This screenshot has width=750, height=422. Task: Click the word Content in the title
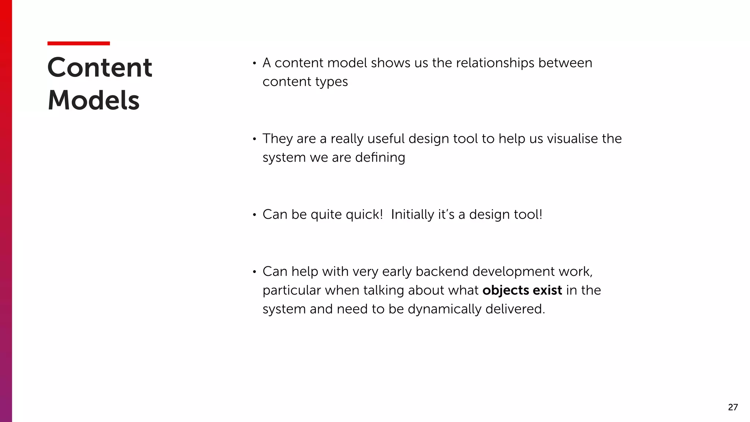tap(100, 68)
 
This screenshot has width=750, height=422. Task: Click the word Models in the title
tap(93, 100)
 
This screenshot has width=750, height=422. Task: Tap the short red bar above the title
tap(78, 43)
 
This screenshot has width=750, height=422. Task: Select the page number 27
tap(733, 407)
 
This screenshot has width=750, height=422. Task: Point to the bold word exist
tap(547, 290)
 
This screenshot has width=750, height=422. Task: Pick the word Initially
tap(412, 215)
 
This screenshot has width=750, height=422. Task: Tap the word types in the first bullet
tap(331, 82)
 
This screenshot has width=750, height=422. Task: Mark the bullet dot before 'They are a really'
tap(254, 139)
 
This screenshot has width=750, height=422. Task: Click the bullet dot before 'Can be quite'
tap(254, 215)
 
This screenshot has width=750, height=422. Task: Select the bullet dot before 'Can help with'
tap(254, 272)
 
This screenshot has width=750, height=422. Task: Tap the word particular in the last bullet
tap(292, 290)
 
